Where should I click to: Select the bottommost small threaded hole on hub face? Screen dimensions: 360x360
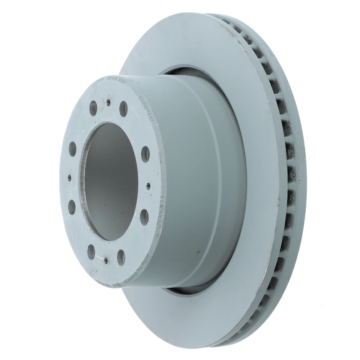pyautogui.click(x=106, y=260)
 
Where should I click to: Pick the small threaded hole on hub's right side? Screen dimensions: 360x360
pyautogui.click(x=148, y=185)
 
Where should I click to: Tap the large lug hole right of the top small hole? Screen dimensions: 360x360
pyautogui.click(x=123, y=109)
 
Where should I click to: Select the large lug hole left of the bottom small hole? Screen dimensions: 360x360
pyautogui.click(x=91, y=252)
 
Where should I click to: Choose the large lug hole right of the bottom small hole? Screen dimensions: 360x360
pyautogui.click(x=121, y=257)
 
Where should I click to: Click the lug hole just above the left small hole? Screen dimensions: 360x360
pyautogui.click(x=72, y=149)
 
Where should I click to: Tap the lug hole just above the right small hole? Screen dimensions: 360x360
pyautogui.click(x=145, y=154)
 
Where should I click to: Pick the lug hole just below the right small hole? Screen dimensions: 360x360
pyautogui.click(x=144, y=217)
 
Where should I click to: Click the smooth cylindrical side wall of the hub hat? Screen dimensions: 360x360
pyautogui.click(x=191, y=180)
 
